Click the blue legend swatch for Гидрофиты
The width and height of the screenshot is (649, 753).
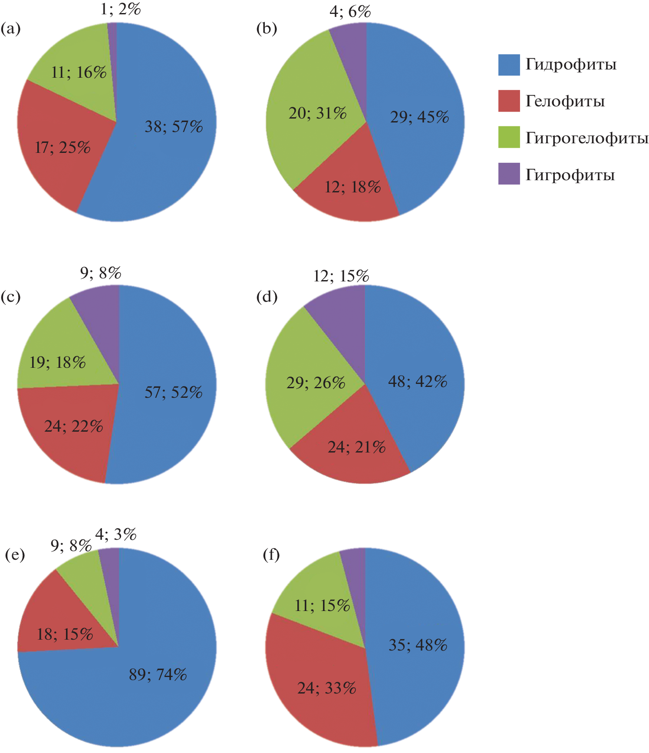(509, 65)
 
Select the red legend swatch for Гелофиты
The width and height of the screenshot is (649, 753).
(509, 101)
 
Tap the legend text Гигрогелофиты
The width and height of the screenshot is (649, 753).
(587, 138)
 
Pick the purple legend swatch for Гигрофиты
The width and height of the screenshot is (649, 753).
(509, 174)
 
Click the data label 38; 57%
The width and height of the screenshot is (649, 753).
(174, 127)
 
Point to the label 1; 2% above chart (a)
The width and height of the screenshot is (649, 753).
(121, 9)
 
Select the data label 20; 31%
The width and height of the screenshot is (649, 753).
(318, 113)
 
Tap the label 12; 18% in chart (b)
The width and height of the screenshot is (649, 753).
(353, 187)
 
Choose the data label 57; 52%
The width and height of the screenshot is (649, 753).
(174, 393)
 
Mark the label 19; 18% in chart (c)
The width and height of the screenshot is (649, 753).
(57, 363)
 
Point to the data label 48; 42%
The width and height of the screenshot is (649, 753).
(418, 382)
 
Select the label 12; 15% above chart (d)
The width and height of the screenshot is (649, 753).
(341, 276)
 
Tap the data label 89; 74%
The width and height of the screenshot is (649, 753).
(158, 675)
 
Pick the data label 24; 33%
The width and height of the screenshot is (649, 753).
(327, 688)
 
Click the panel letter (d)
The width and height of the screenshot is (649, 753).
(267, 297)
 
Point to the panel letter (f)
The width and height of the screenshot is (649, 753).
(271, 555)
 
